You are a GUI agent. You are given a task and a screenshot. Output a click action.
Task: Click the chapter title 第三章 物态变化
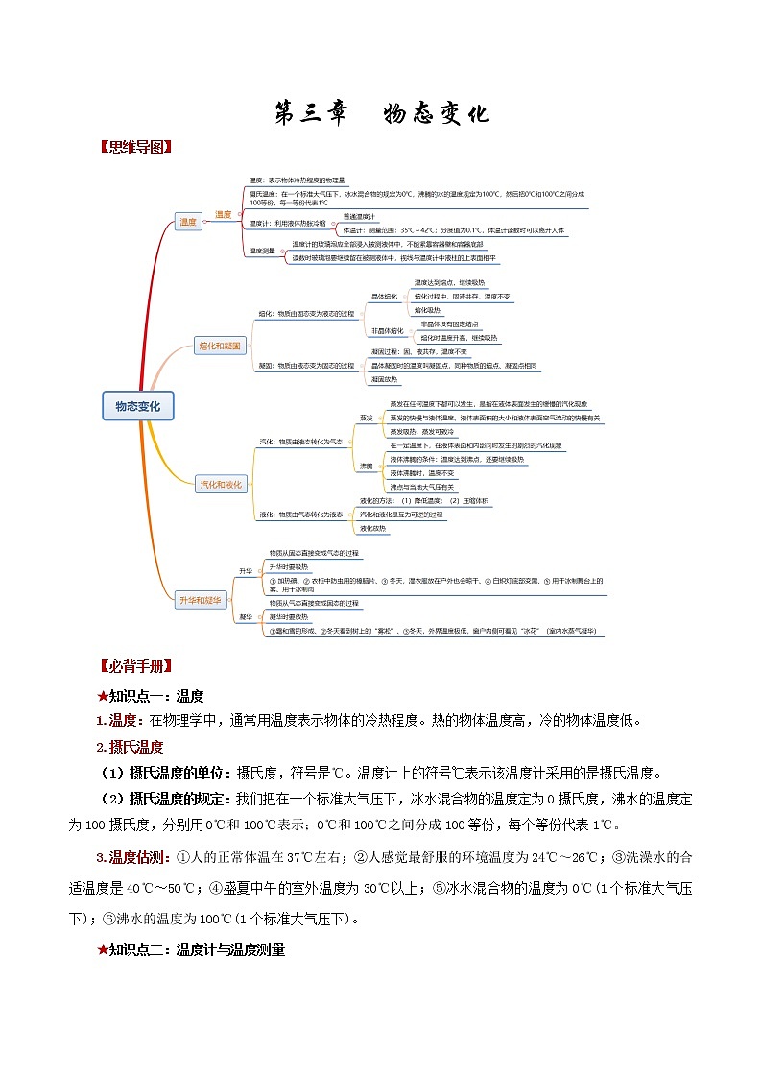coord(382,113)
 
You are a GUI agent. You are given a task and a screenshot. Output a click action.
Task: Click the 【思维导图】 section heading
coord(135,148)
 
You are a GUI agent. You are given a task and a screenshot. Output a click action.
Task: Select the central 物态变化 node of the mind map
coord(137,407)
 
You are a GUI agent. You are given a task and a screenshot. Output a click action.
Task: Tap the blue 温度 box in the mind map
coord(187,222)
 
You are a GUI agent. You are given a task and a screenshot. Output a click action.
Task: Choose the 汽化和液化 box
coord(220,485)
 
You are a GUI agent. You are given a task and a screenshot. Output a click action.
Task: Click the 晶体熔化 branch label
coord(384,298)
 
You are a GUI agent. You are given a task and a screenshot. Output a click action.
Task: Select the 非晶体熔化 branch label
coord(388,331)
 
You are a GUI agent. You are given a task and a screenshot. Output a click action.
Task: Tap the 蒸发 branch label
coord(366,419)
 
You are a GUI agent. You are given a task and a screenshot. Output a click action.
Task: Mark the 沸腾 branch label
coord(366,467)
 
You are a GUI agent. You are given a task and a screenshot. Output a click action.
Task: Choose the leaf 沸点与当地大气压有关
coord(422,488)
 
